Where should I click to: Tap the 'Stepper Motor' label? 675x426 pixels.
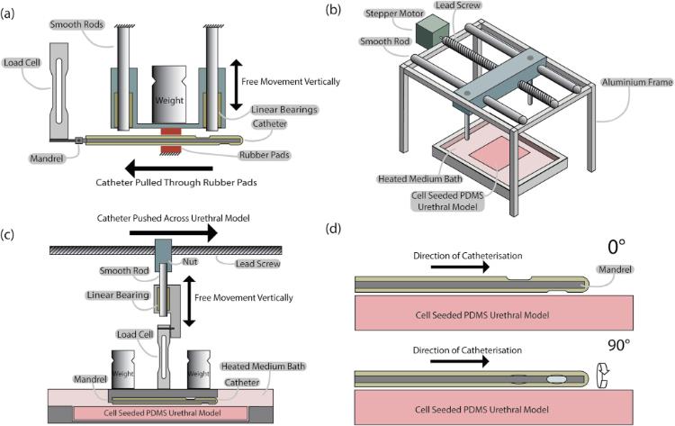394,14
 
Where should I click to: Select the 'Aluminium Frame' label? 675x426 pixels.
636,82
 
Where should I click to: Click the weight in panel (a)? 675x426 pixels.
169,95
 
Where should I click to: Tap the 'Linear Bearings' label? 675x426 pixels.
284,110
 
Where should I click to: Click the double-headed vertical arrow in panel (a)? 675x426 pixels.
236,85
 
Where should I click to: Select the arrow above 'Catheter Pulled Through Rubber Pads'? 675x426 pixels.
169,168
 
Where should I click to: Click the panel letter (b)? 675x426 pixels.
333,10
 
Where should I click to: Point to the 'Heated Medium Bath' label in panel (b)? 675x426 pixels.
419,178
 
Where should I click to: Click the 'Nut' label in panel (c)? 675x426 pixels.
190,261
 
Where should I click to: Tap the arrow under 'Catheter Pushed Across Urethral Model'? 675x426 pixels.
174,232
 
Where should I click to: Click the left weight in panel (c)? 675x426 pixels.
123,369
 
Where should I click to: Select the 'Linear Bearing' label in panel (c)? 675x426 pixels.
118,295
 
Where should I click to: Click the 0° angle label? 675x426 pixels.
616,248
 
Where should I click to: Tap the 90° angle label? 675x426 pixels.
618,345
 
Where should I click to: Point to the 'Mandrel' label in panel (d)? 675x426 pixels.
615,269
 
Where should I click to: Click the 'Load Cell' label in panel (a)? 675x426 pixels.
22,63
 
